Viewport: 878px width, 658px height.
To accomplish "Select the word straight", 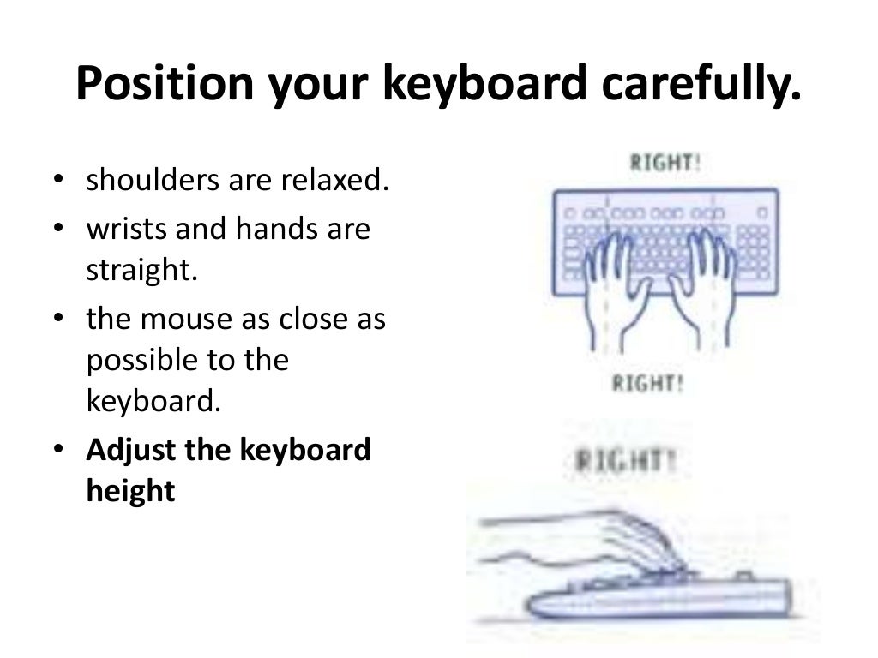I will pos(141,270).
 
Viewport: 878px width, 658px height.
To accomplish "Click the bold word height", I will pos(130,491).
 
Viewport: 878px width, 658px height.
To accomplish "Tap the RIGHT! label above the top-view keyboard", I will pos(665,163).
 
